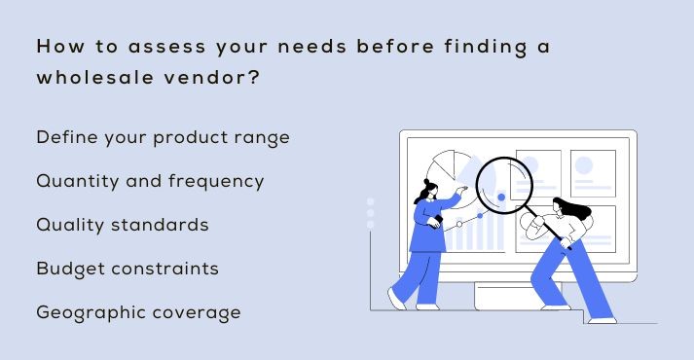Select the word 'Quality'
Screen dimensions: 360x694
pyautogui.click(x=66, y=225)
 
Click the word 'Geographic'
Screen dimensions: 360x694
pyautogui.click(x=84, y=313)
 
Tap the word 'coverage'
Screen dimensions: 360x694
pyautogui.click(x=196, y=313)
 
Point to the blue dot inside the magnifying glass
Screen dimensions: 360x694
pyautogui.click(x=501, y=197)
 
